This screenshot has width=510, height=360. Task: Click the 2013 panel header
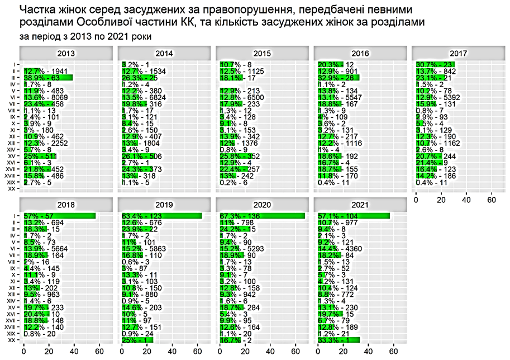(67, 54)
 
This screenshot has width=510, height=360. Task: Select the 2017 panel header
(458, 54)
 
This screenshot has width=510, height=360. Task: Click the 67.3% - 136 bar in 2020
(263, 216)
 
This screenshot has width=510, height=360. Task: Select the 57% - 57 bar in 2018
(60, 216)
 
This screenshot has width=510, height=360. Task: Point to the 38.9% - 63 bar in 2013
(48, 78)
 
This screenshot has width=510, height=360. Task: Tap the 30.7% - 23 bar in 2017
(435, 65)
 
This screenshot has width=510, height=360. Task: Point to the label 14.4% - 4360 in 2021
(341, 247)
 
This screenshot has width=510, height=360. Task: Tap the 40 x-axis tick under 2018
(74, 352)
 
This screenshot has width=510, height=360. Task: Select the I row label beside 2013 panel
(14, 65)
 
